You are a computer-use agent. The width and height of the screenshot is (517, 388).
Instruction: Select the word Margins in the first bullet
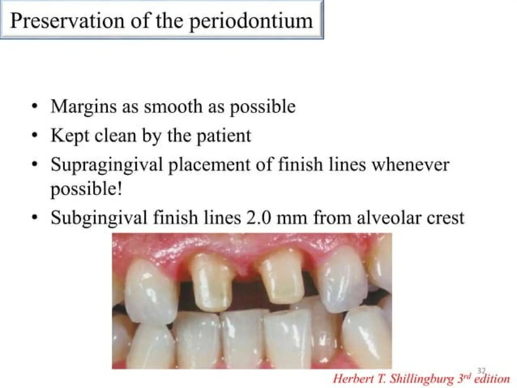click(x=84, y=107)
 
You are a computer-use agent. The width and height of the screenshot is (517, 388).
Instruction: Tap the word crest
click(x=445, y=218)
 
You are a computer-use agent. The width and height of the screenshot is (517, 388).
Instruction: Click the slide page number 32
click(x=481, y=371)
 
